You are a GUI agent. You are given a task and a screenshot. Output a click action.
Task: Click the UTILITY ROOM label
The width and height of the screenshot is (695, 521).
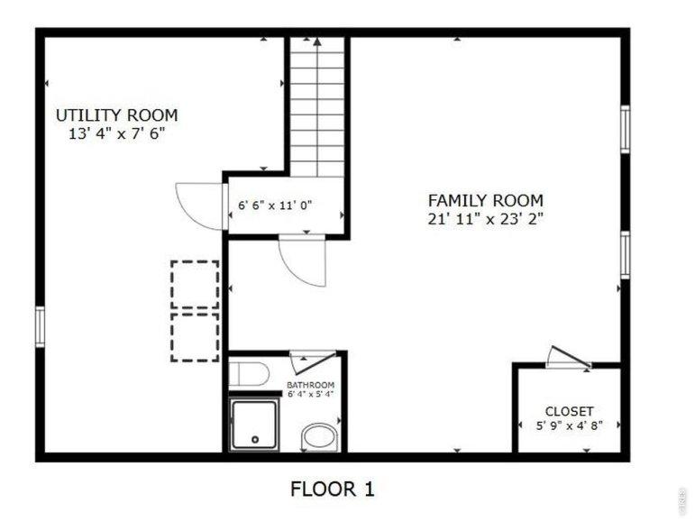(x=116, y=115)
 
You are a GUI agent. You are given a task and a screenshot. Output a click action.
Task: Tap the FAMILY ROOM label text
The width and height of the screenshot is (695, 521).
(x=485, y=200)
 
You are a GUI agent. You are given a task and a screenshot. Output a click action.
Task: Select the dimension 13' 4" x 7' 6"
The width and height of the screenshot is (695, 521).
(x=116, y=133)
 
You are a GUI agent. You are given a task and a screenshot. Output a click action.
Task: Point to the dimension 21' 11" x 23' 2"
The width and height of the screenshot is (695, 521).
(x=485, y=219)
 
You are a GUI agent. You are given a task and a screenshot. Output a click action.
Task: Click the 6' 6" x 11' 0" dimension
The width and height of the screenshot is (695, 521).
(x=275, y=206)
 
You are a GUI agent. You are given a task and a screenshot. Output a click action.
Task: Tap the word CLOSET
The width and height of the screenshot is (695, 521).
(x=569, y=411)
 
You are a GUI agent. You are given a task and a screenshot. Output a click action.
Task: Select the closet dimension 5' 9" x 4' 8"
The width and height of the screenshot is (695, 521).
(x=569, y=425)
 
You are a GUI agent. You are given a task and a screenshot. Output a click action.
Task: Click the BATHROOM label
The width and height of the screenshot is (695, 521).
(x=310, y=385)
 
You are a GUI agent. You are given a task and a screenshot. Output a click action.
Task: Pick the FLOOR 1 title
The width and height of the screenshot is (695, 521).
(x=333, y=489)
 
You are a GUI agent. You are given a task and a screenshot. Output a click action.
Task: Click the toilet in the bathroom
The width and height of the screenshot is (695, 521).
(x=249, y=375)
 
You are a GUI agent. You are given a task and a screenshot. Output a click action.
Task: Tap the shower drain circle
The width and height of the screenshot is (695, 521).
(x=255, y=439)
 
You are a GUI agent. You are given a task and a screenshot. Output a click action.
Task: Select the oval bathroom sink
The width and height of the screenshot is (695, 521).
(x=319, y=437)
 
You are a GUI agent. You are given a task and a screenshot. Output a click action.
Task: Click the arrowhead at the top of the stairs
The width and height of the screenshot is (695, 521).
(x=317, y=41)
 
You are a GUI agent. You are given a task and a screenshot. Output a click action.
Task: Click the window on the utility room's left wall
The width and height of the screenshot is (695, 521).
(x=40, y=327)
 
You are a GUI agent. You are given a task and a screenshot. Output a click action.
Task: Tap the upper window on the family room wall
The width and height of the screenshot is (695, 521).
(x=625, y=129)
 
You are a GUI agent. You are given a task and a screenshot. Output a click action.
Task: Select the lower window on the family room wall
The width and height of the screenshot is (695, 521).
(x=625, y=255)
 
